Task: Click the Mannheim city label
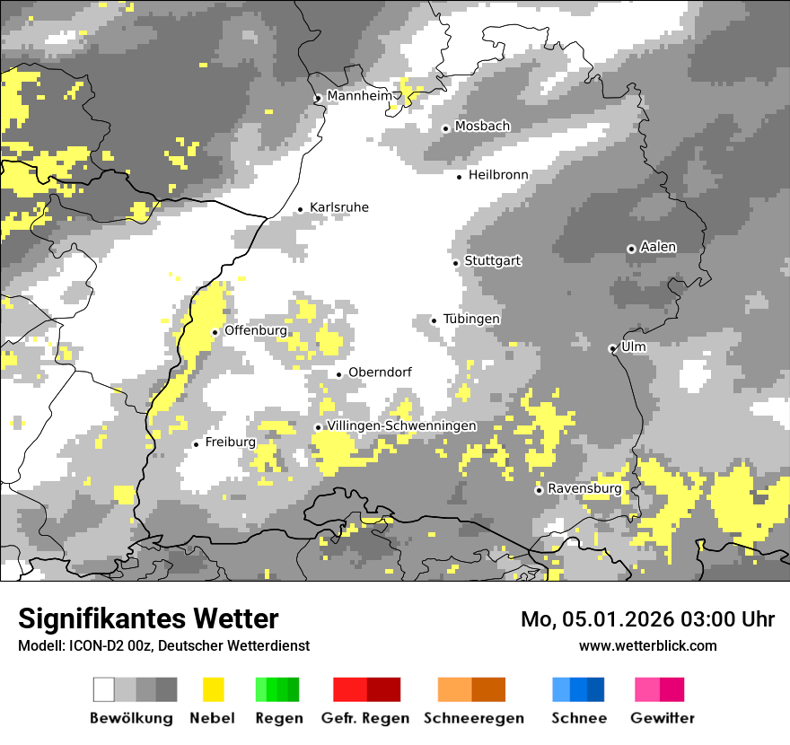tap(360, 96)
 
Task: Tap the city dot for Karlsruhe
tap(301, 210)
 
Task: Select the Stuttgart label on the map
tap(493, 261)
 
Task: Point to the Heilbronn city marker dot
tap(460, 177)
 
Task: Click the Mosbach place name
tap(482, 127)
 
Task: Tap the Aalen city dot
tap(631, 249)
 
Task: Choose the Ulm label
tap(634, 346)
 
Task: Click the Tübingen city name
tap(471, 320)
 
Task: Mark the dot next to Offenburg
tap(215, 332)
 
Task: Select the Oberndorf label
tap(380, 372)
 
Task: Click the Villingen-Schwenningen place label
tap(401, 426)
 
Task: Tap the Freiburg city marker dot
tap(196, 444)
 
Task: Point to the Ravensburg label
tap(584, 489)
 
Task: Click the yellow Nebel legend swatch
tap(214, 689)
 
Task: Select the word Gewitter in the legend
tap(663, 718)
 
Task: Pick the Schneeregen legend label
tap(473, 718)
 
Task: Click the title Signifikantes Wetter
tap(148, 618)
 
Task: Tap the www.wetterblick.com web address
tap(648, 645)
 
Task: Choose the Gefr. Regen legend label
tap(365, 718)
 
